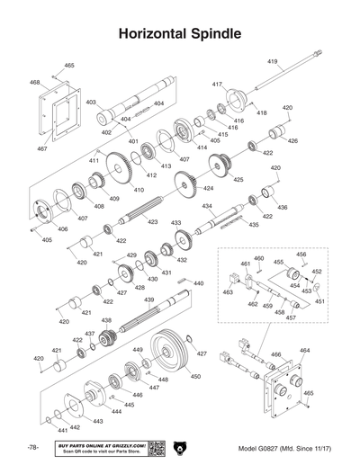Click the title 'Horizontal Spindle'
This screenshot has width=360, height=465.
179,35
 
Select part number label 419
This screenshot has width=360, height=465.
272,60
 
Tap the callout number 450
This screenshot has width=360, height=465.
195,376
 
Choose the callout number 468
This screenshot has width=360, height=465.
35,82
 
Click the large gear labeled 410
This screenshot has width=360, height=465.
120,170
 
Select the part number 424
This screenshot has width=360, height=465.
208,189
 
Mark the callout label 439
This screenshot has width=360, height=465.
148,300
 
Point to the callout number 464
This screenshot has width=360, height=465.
304,350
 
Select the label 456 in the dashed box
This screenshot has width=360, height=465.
301,255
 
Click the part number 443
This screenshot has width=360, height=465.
97,420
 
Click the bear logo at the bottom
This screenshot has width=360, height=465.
180,447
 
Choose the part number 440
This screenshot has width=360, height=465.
198,282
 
